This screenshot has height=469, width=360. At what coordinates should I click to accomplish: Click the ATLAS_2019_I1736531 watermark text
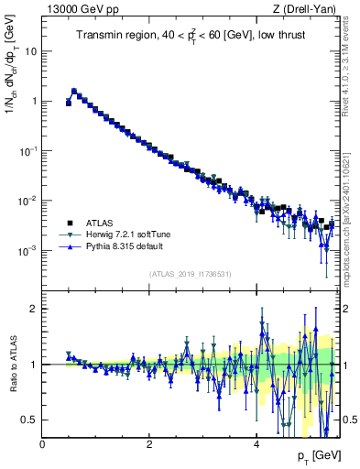[x=191, y=274]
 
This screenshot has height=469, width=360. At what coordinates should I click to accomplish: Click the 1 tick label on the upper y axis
[x=33, y=101]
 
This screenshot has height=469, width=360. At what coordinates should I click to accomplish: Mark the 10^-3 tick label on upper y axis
[x=27, y=250]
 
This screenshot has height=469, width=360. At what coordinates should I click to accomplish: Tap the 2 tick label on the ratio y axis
[x=33, y=309]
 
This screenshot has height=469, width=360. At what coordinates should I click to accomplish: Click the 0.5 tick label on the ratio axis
[x=29, y=420]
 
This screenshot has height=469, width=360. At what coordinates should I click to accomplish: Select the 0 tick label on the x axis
[x=42, y=443]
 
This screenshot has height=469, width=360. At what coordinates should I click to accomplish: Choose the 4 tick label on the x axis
[x=256, y=443]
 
